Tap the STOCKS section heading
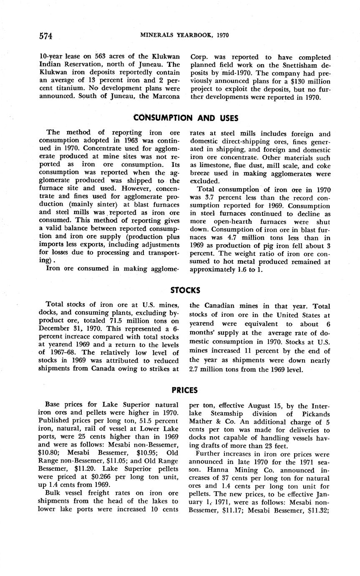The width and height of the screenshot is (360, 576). pos(185,290)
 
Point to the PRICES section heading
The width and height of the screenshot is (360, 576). pos(184,390)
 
